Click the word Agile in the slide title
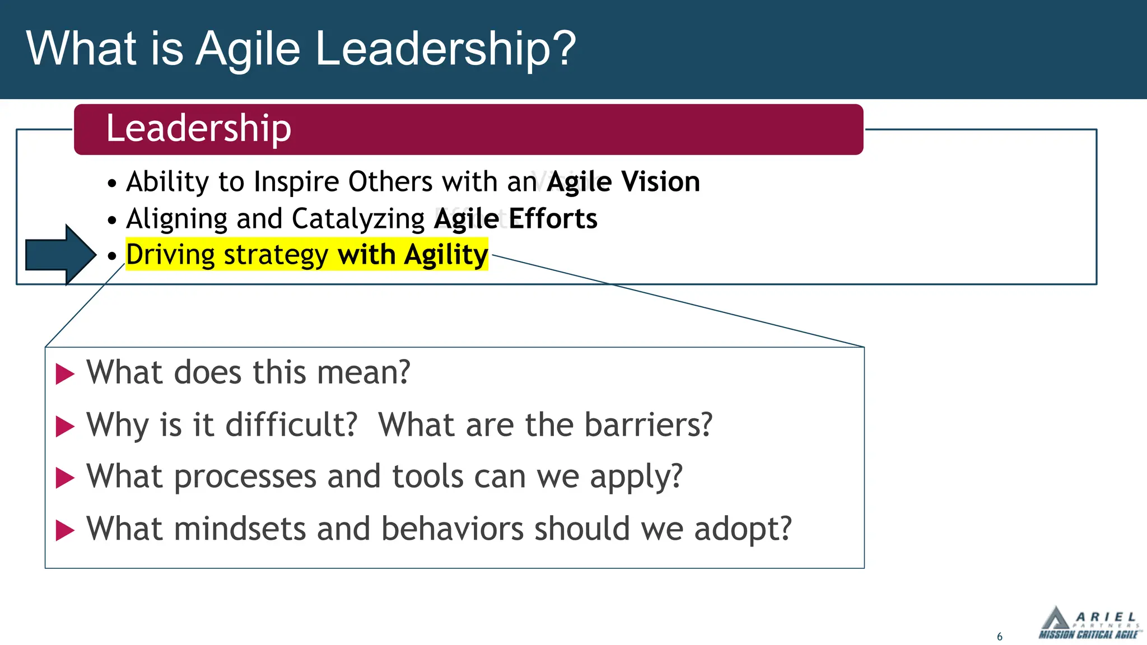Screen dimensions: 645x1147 point(248,49)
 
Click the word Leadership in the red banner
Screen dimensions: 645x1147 point(199,128)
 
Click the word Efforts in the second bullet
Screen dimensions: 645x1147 point(553,218)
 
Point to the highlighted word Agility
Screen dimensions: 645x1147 point(446,255)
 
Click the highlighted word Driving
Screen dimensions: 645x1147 point(170,255)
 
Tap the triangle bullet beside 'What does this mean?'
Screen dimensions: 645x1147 point(65,374)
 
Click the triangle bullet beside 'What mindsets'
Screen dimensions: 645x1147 point(65,530)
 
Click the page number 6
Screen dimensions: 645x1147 point(1000,637)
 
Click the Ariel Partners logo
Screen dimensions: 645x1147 point(1089,623)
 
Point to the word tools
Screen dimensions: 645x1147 point(427,476)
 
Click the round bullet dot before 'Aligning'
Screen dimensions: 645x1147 point(112,220)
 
